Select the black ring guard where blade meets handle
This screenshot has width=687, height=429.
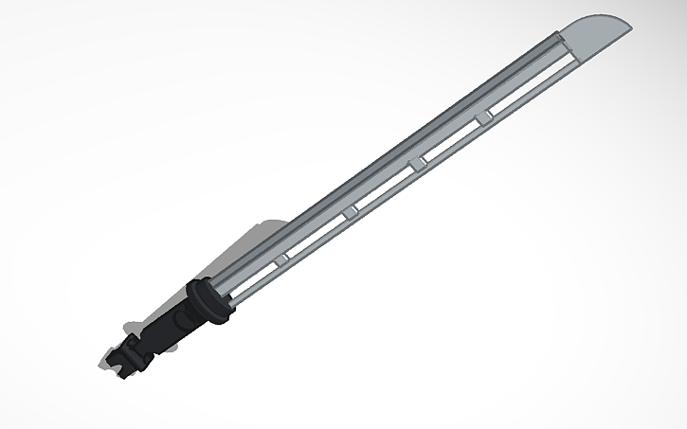pos(208,299)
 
